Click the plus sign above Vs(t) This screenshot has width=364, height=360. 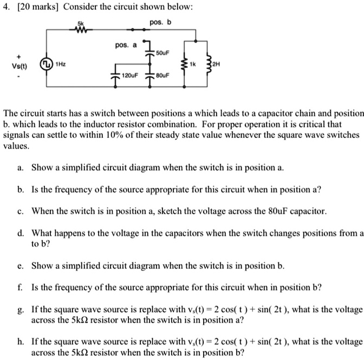pyautogui.click(x=19, y=56)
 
